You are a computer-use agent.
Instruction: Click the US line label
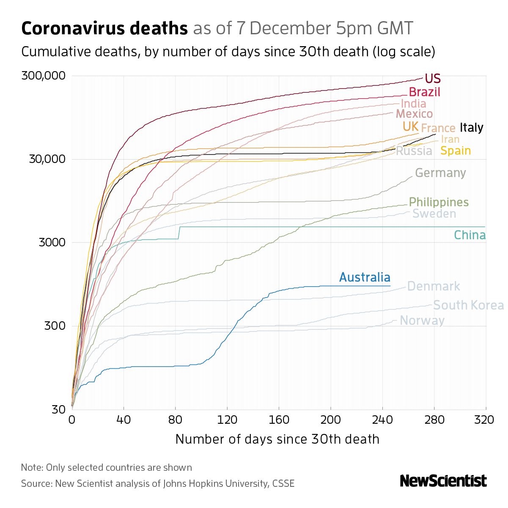click(x=433, y=79)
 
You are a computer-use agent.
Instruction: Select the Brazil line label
click(x=425, y=92)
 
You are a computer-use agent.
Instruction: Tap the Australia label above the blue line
click(x=365, y=277)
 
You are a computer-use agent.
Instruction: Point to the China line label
click(x=470, y=235)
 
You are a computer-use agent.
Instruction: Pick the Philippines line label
click(x=439, y=202)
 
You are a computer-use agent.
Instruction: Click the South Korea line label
click(x=469, y=305)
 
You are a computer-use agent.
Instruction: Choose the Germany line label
click(x=440, y=173)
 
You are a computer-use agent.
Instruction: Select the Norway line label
click(x=422, y=320)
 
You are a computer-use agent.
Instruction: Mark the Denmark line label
click(x=434, y=287)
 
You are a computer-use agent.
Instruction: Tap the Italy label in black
click(x=471, y=127)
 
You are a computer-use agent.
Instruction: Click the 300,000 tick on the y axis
click(x=44, y=76)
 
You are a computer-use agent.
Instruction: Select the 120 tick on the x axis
click(x=227, y=420)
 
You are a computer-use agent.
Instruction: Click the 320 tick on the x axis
click(x=485, y=420)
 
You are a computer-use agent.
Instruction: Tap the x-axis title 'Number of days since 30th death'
click(x=277, y=439)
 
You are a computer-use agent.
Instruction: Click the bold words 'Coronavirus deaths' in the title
click(x=104, y=29)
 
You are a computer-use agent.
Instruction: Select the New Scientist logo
click(x=443, y=481)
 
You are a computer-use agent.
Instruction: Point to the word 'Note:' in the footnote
click(x=32, y=468)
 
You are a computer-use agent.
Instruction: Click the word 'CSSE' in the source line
click(x=283, y=483)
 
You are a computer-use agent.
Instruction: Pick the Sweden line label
click(x=434, y=214)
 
